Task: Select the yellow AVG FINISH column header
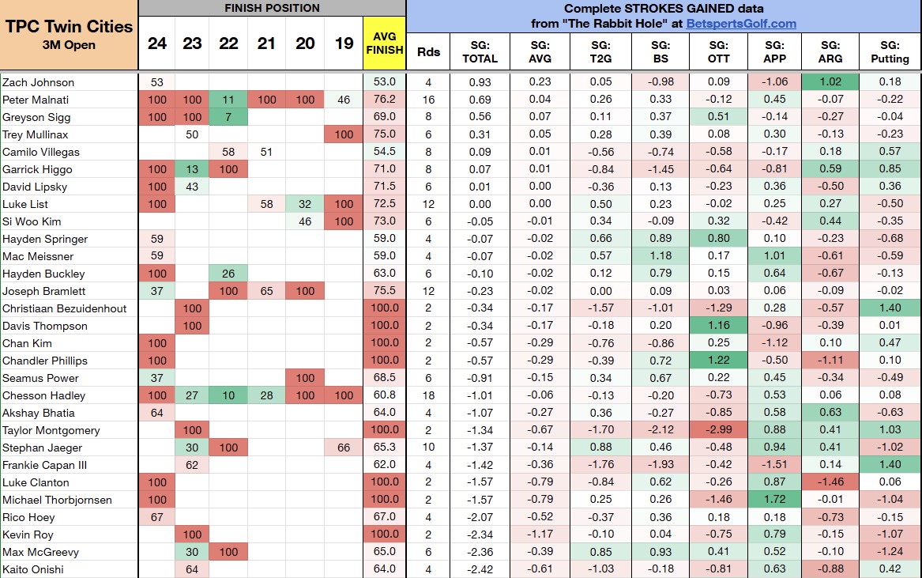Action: point(385,43)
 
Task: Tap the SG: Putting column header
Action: point(890,51)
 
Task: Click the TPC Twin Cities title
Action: point(70,26)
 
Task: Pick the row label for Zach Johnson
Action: point(39,82)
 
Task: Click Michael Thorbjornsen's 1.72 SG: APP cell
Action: point(775,500)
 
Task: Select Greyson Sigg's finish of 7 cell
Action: point(228,117)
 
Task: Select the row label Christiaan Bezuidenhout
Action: point(65,308)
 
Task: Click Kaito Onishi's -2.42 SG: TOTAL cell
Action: point(480,569)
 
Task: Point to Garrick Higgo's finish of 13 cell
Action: point(192,169)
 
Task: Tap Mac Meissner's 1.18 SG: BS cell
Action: point(660,256)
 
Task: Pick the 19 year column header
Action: point(344,43)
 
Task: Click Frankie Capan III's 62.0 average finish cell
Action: point(385,465)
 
